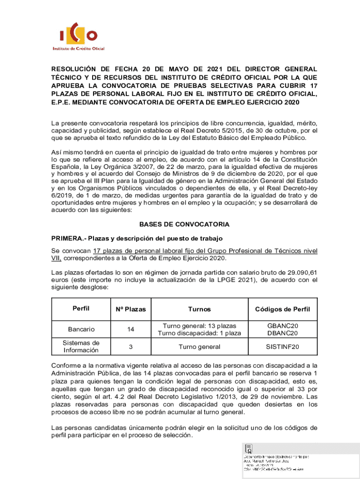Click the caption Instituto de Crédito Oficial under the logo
[x=78, y=49]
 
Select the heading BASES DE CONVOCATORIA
[x=184, y=225]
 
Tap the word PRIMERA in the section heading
[x=67, y=238]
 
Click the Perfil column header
[x=81, y=309]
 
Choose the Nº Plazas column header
[x=131, y=309]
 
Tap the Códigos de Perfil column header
[x=282, y=309]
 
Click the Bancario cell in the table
[x=81, y=329]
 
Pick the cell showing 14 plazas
[x=131, y=329]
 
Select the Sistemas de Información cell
[x=81, y=347]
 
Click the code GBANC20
[x=282, y=326]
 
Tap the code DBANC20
[x=282, y=333]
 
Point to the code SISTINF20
[x=282, y=347]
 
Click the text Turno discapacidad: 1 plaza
[x=199, y=333]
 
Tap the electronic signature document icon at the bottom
[x=249, y=449]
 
